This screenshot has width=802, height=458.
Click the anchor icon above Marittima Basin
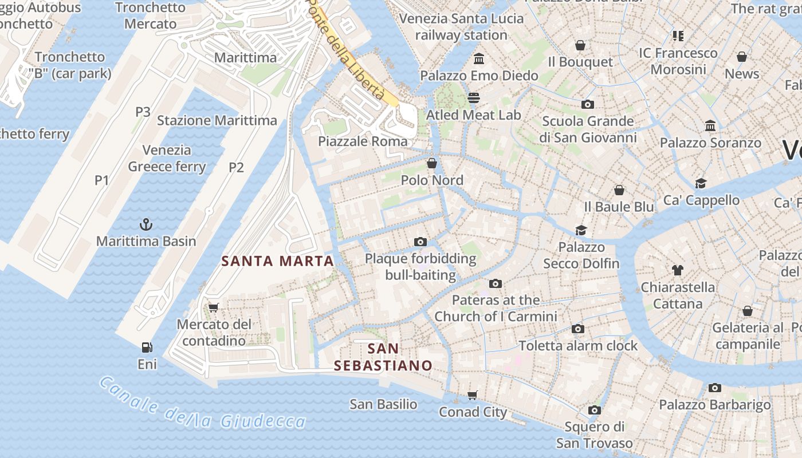tap(146, 224)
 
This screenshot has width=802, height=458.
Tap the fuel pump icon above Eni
tap(147, 347)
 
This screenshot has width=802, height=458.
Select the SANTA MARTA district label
tap(277, 261)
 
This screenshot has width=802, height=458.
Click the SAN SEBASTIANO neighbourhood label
tap(383, 357)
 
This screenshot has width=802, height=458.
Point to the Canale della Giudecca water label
tap(202, 404)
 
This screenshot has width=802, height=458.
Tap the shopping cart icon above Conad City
tap(473, 395)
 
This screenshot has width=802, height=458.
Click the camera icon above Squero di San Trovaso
tap(595, 410)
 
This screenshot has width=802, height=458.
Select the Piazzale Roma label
tap(363, 141)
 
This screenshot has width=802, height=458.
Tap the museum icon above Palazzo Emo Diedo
tap(479, 58)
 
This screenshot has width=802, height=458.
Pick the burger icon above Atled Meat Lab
tap(473, 97)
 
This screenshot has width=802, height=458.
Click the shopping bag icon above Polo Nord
tap(432, 163)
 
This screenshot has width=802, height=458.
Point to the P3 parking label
tap(143, 112)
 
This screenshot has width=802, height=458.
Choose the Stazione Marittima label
tap(217, 121)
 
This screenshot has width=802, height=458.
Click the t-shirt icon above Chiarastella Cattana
tap(678, 270)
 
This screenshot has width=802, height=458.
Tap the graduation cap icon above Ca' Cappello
tap(701, 183)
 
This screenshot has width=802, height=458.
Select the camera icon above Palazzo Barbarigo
tap(714, 388)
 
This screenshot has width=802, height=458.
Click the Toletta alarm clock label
tap(578, 346)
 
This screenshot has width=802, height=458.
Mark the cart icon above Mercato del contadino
tap(214, 307)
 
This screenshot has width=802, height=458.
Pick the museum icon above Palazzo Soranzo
tap(710, 125)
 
